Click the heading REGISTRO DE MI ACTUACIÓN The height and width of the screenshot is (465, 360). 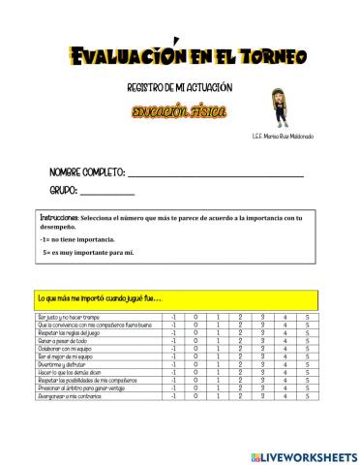pyautogui.click(x=179, y=88)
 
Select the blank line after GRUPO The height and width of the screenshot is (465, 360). pyautogui.click(x=107, y=193)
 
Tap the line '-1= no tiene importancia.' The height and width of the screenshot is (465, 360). pyautogui.click(x=77, y=237)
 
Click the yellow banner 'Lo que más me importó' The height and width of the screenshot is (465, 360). pyautogui.click(x=98, y=295)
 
